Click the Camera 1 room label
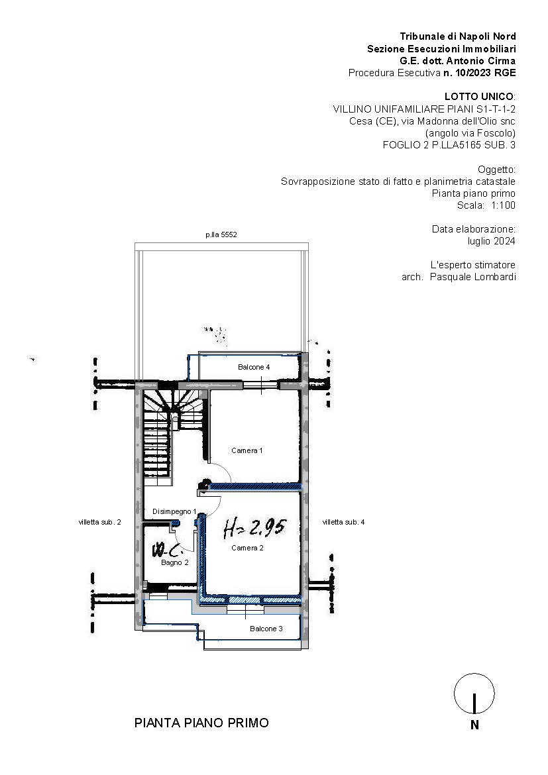247,450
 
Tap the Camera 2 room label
247,548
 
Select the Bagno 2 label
174,562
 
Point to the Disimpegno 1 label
174,511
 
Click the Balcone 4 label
254,367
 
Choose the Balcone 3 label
266,629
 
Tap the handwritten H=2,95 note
254,529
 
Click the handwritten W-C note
168,549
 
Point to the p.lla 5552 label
221,234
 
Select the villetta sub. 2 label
99,522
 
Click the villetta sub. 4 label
343,522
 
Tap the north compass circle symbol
474,694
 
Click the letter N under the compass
475,725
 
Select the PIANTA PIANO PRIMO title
201,723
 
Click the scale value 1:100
503,205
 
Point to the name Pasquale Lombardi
473,277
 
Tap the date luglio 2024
492,241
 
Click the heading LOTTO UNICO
479,97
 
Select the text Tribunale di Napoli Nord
458,36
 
